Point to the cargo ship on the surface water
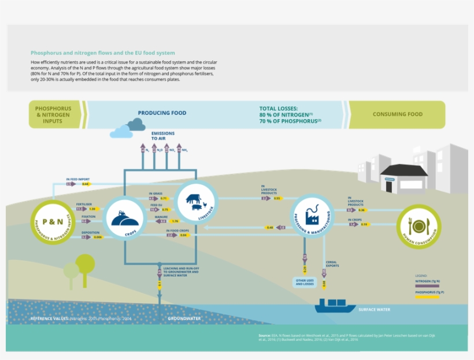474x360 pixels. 335,306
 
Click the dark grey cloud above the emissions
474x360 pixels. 136,124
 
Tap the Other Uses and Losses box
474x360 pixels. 304,282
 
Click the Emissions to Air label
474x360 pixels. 162,136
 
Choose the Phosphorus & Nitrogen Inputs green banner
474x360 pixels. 54,114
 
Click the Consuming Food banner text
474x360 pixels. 397,114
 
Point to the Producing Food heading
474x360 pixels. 162,113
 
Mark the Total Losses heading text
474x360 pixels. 279,108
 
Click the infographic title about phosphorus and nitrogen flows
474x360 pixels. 102,53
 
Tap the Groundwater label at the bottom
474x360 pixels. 184,318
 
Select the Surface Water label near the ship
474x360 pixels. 374,310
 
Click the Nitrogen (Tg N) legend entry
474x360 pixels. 432,280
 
